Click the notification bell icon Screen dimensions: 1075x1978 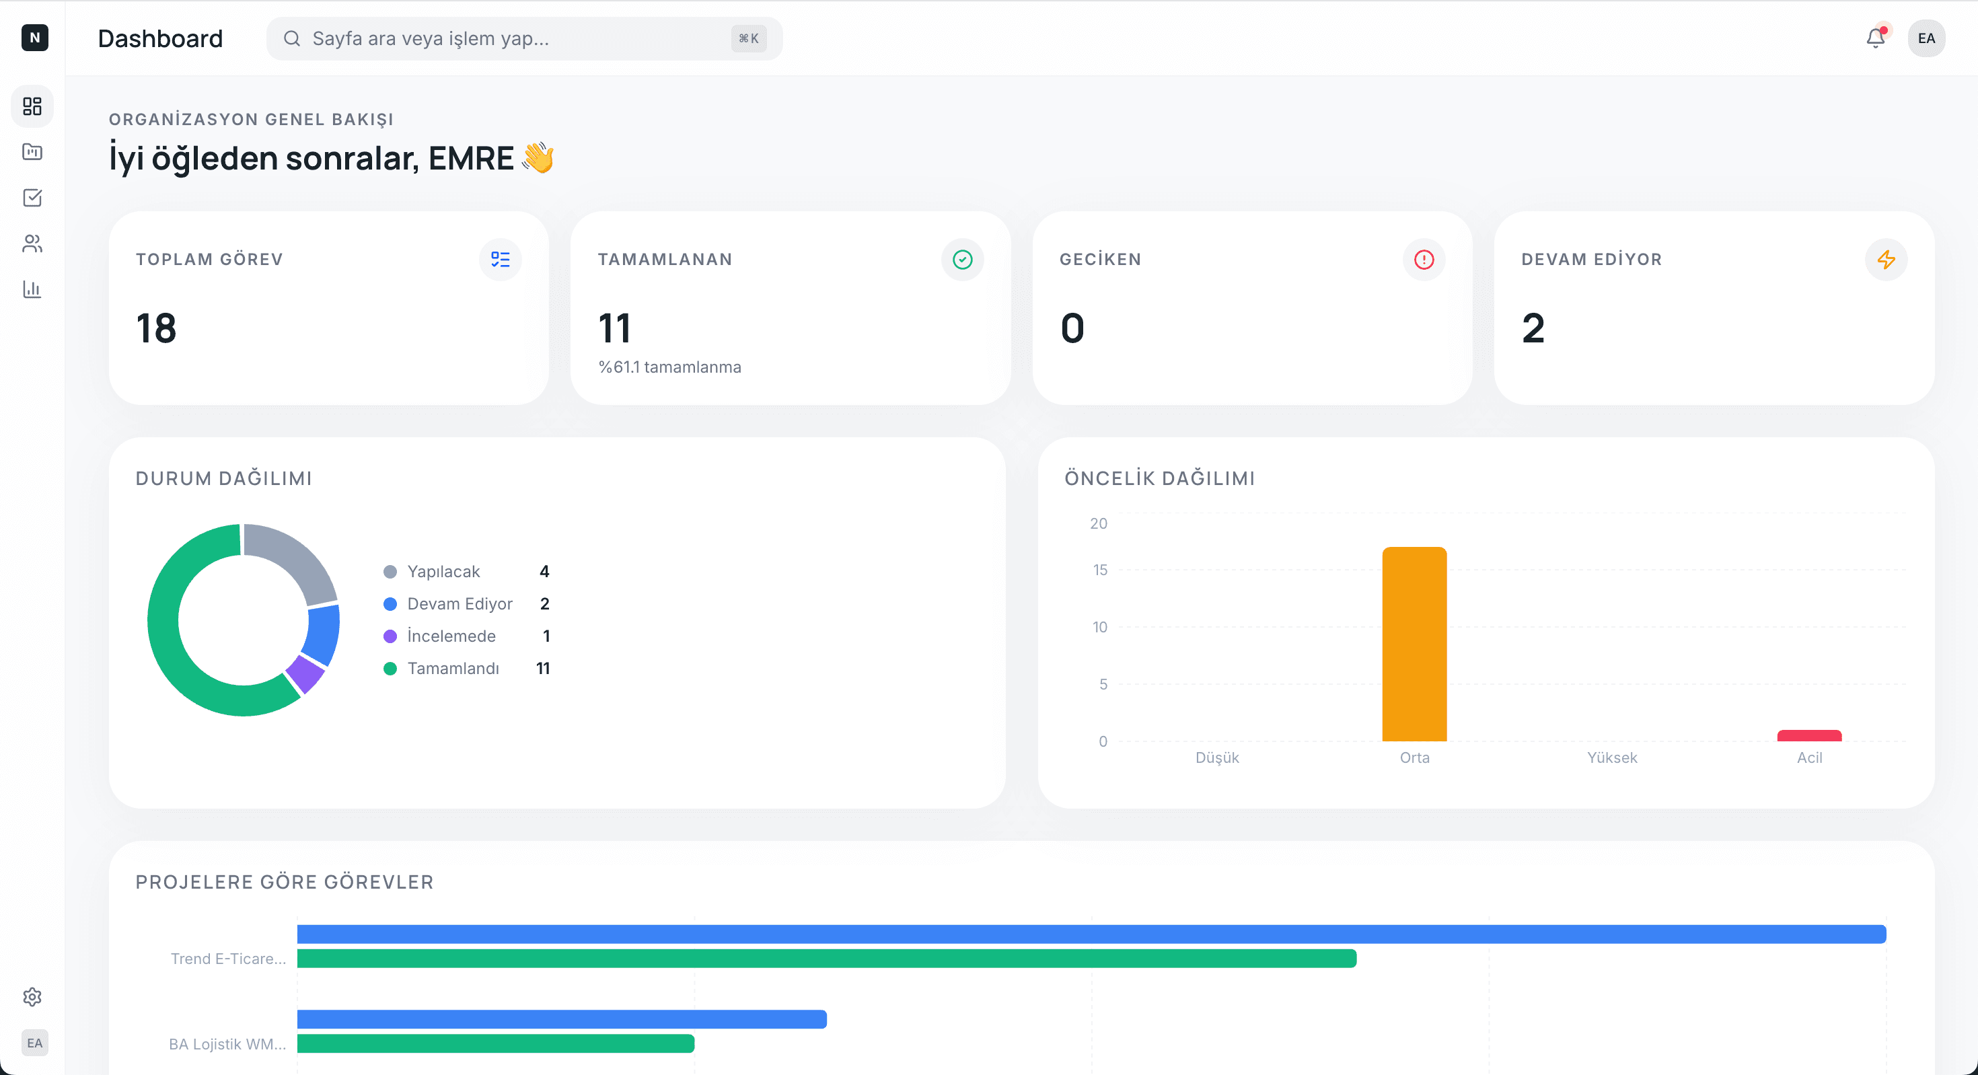pos(1875,38)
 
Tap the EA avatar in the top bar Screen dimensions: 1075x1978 pos(1926,38)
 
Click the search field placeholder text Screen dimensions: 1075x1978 pos(430,38)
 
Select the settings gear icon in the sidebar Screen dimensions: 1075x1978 pos(32,997)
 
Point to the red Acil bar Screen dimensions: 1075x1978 pos(1809,735)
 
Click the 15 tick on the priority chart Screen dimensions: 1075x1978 pos(1099,570)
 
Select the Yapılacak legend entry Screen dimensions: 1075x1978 pos(443,571)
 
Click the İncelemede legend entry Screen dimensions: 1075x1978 pos(451,636)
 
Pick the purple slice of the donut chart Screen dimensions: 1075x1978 pos(306,673)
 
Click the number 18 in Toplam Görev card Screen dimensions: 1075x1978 pos(156,329)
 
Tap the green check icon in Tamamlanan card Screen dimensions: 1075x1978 pos(962,260)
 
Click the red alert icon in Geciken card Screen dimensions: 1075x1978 pos(1424,260)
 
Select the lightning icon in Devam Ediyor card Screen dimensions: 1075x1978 pos(1886,260)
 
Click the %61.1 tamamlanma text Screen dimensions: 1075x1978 pos(669,367)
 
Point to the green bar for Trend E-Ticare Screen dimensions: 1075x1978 pos(826,959)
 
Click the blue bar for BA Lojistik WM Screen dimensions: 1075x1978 pos(561,1019)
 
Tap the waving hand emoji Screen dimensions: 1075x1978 pos(538,158)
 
